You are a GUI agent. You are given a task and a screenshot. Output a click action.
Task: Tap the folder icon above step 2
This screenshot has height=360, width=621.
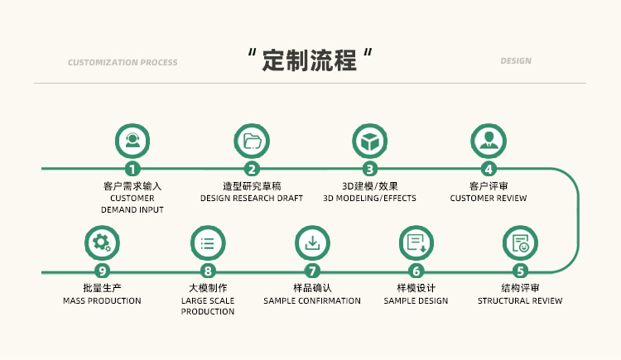pos(251,141)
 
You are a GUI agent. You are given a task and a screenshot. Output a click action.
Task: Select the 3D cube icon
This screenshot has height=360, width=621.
pos(369,141)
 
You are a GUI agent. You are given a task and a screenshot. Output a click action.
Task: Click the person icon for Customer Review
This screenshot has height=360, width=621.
pos(489,141)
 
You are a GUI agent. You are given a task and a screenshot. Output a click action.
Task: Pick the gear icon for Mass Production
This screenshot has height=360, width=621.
pos(102,242)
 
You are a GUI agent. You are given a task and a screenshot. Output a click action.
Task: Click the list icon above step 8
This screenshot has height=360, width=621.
pos(207,242)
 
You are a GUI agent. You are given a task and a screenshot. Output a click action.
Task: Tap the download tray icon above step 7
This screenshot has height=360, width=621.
pos(312,242)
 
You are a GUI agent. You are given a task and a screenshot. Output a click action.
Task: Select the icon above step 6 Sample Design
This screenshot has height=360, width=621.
pos(416,242)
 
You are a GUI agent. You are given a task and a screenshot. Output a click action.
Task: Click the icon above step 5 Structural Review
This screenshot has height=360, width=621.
pos(520,242)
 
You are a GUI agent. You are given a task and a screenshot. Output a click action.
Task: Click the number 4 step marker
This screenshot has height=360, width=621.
pos(489,169)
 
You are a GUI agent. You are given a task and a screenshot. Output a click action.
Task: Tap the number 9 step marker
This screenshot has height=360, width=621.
pos(102,271)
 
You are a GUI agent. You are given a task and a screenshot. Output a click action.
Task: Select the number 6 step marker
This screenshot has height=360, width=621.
pos(416,271)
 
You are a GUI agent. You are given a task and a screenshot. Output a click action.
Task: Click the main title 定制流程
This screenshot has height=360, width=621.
pos(309,60)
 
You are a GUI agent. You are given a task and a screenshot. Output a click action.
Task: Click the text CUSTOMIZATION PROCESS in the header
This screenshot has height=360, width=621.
pos(123,62)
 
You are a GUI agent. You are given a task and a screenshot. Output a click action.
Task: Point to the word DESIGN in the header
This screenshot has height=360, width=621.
pos(516,61)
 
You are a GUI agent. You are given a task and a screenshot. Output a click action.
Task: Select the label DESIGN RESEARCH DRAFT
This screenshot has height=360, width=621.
pos(252,199)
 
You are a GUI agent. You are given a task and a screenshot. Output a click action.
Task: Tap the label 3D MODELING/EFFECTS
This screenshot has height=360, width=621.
pos(369,199)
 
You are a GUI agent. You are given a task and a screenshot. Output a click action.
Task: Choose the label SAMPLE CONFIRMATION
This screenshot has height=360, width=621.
pos(312,300)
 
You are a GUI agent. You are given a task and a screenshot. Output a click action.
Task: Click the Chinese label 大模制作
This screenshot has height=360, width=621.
pos(207,288)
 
